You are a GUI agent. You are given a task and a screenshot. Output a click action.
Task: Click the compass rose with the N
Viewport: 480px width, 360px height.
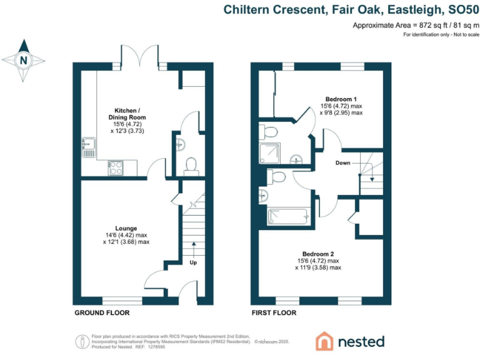[24, 61]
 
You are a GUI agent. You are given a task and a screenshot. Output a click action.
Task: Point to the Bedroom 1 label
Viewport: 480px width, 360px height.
[341, 99]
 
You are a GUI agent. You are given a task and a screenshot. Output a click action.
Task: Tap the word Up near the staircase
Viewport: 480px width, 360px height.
[194, 262]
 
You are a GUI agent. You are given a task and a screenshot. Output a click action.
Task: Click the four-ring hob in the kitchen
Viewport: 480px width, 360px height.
[116, 167]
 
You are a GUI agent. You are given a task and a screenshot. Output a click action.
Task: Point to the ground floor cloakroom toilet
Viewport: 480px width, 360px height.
[191, 165]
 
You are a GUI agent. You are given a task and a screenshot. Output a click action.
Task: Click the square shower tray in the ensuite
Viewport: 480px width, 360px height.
[271, 152]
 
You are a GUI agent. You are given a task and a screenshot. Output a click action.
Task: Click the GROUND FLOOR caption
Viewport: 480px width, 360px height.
[102, 312]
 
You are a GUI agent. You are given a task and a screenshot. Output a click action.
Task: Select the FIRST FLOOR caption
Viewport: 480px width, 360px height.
[274, 312]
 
